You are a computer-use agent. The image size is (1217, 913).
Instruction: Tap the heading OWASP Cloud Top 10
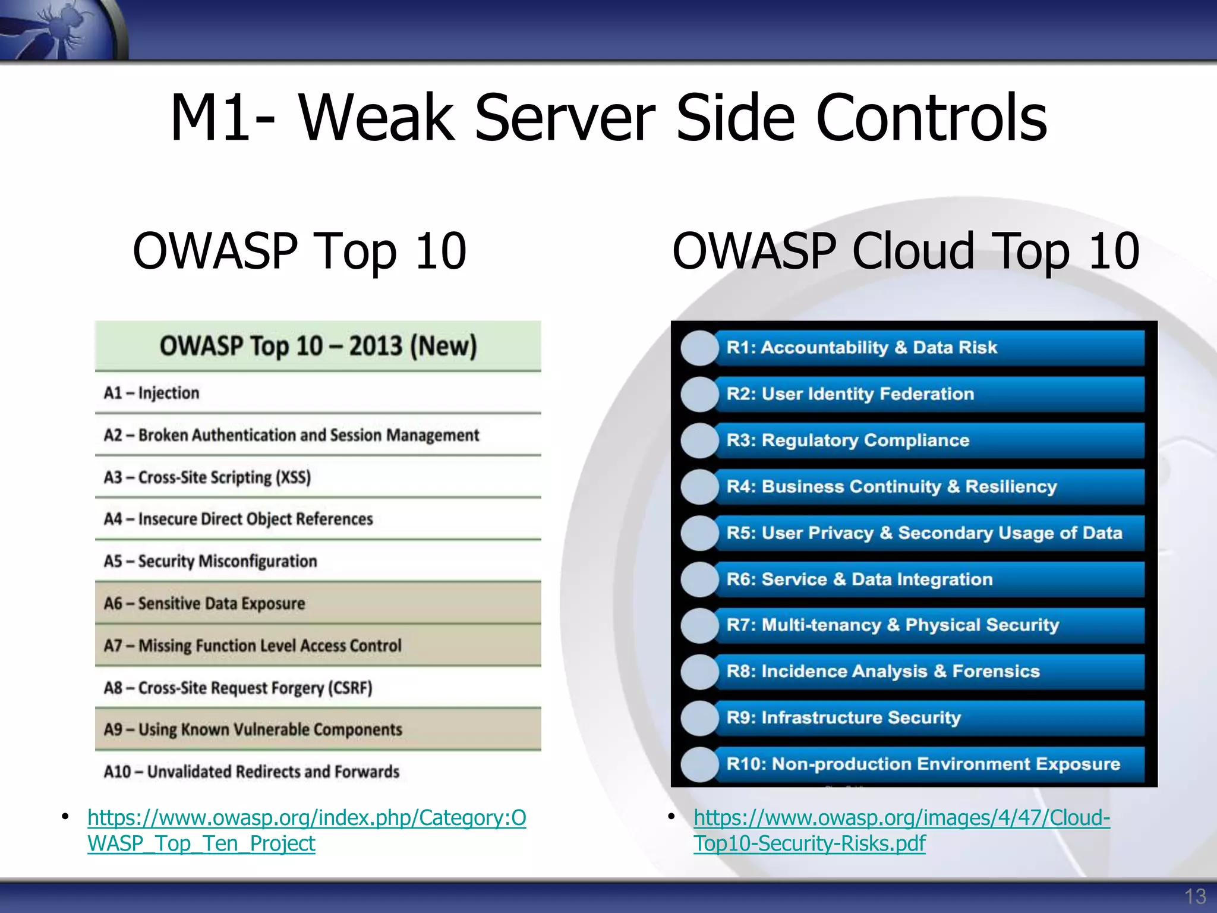(x=905, y=251)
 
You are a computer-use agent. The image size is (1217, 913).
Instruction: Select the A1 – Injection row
(x=152, y=393)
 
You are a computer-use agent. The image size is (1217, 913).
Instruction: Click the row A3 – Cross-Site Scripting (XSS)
(x=207, y=477)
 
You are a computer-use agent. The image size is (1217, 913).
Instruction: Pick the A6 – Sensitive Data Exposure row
(x=204, y=603)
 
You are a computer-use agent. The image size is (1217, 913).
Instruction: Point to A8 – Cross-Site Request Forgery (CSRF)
(x=238, y=688)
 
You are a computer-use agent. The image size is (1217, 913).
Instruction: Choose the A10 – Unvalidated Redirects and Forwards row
(x=251, y=772)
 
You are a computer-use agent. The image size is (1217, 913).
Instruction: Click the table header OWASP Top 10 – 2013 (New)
(x=318, y=346)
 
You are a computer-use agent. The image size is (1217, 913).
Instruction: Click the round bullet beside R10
(x=700, y=764)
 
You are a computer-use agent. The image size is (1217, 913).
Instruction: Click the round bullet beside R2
(x=700, y=394)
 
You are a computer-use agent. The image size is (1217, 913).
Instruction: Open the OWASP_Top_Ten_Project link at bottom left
(x=201, y=843)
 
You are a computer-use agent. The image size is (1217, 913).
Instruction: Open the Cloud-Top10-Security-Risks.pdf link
(x=809, y=843)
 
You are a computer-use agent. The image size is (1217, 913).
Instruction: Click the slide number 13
(x=1194, y=896)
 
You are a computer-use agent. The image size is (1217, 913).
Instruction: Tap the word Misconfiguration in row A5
(x=257, y=562)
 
